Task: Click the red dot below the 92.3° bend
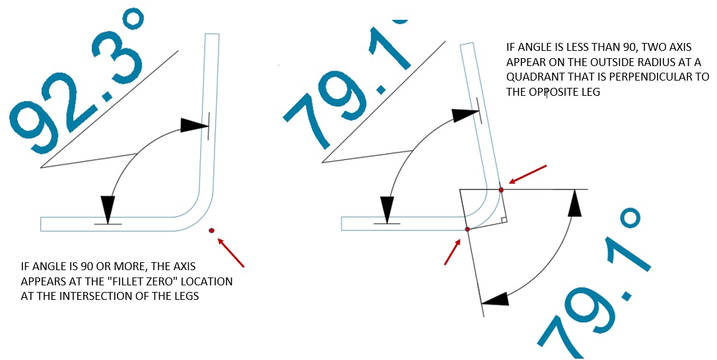[x=211, y=230]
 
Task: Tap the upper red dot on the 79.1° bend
[x=501, y=190]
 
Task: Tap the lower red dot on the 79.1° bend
[x=467, y=229]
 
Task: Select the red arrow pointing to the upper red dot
[x=526, y=175]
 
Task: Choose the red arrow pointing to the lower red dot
[x=453, y=252]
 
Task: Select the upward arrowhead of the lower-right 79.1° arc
[x=576, y=202]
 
